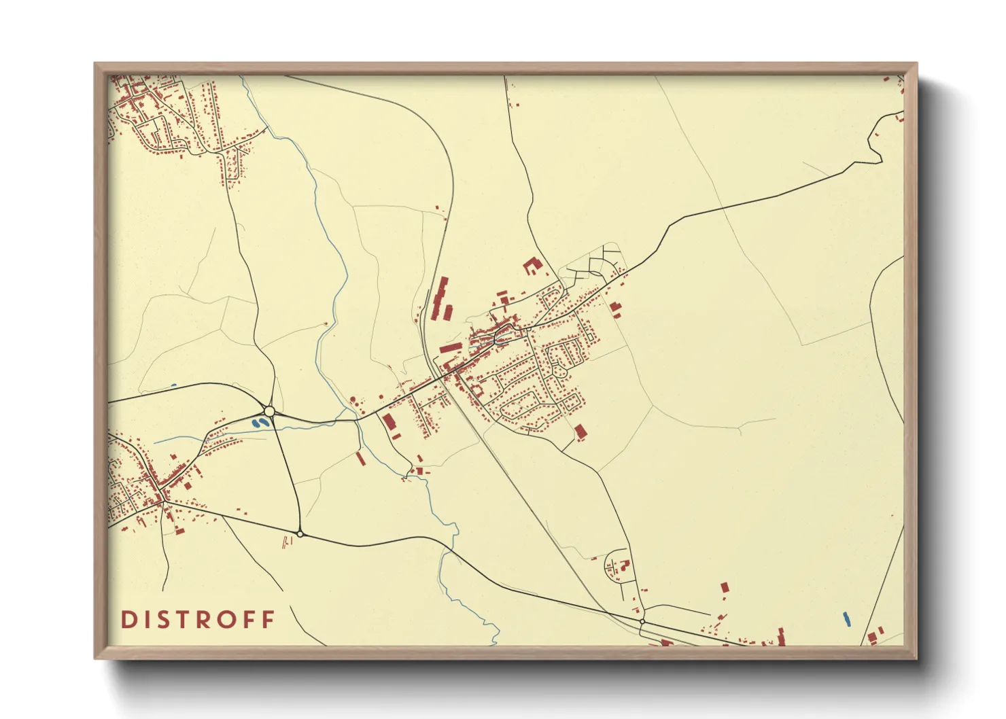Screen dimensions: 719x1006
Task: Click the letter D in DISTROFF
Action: [127, 619]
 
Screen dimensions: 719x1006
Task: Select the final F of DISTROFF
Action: [269, 619]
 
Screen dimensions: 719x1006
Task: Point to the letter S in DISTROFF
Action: [159, 619]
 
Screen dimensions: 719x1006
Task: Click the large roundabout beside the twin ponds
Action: [269, 411]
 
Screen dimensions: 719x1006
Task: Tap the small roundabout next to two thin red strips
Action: [300, 534]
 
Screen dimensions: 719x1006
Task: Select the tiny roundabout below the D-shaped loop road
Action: [642, 621]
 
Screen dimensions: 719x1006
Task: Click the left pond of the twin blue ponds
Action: [256, 423]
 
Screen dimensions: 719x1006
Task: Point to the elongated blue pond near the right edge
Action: [846, 619]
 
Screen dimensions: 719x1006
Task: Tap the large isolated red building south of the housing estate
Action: [580, 431]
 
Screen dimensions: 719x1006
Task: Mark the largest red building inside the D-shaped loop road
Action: [625, 563]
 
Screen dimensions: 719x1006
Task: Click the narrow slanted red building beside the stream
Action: [360, 459]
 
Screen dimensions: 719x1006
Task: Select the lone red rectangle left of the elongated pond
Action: [725, 586]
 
